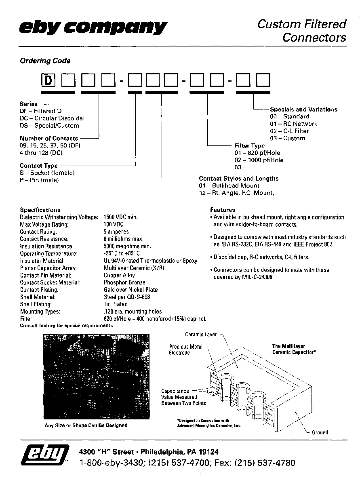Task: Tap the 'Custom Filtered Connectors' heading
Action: [x=301, y=31]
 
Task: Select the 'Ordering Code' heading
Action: [x=45, y=61]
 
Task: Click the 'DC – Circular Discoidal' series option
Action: [x=52, y=118]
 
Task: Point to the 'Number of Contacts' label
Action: [x=49, y=138]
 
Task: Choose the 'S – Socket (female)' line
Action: [x=47, y=173]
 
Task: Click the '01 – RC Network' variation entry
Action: [x=293, y=124]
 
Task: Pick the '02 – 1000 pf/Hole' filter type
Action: [x=259, y=160]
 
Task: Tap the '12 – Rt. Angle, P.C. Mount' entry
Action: [x=236, y=193]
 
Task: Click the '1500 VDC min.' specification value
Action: [x=121, y=217]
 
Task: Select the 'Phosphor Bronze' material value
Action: [x=124, y=282]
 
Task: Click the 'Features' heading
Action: [x=222, y=210]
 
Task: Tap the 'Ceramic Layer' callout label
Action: [x=201, y=335]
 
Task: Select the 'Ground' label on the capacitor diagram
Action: [x=320, y=432]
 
